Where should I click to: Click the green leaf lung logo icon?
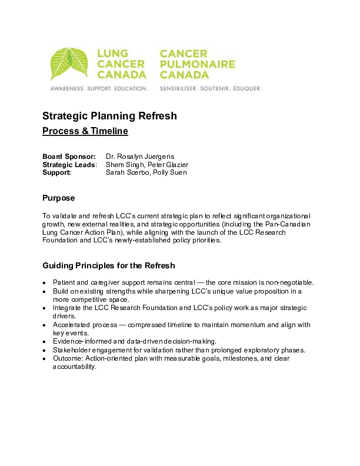71,64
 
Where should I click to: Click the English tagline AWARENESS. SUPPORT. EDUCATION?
98,88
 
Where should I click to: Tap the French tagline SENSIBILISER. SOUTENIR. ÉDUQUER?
211,88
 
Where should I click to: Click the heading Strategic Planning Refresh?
109,116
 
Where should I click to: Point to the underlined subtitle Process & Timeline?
85,131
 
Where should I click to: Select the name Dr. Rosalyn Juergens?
140,157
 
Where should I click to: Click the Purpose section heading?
58,198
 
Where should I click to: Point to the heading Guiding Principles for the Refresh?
109,265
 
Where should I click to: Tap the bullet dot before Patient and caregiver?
45,283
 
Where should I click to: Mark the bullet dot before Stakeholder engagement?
45,350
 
